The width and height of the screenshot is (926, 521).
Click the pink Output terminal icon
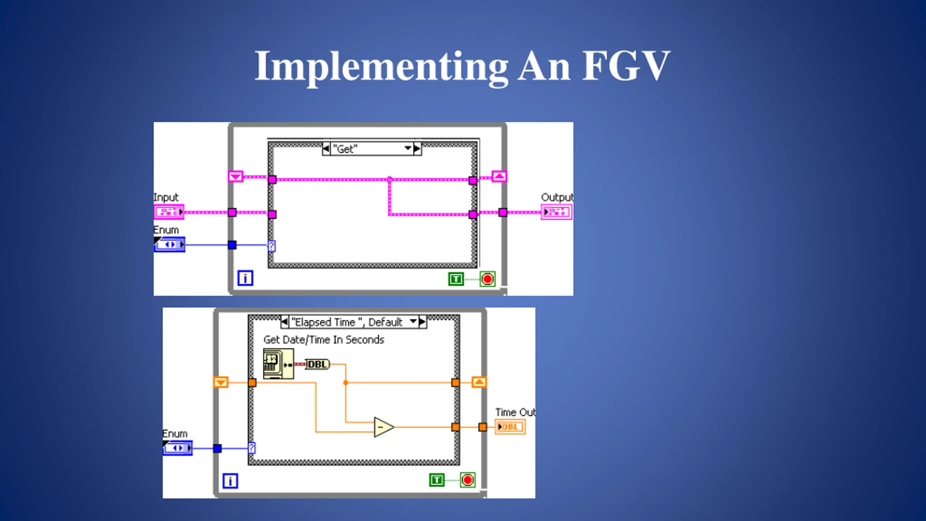click(x=557, y=212)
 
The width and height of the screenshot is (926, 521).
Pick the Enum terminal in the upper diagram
click(x=170, y=245)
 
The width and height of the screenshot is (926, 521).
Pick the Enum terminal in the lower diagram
click(x=178, y=448)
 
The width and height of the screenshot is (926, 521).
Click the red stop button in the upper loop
click(x=488, y=279)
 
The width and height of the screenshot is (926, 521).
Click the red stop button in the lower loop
click(x=468, y=480)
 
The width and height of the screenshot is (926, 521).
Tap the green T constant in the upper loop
click(x=456, y=279)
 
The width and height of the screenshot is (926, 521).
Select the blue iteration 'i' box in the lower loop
click(x=230, y=481)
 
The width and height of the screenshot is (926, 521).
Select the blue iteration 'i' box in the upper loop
click(x=245, y=278)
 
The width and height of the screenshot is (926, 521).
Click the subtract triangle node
click(x=383, y=427)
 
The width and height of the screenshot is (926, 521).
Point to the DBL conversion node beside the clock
click(x=318, y=364)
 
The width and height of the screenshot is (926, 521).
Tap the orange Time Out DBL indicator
click(x=510, y=427)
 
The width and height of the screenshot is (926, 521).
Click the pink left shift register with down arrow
click(x=235, y=177)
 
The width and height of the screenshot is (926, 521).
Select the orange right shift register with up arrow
click(x=479, y=382)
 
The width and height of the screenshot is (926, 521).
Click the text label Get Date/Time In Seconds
click(x=324, y=340)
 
